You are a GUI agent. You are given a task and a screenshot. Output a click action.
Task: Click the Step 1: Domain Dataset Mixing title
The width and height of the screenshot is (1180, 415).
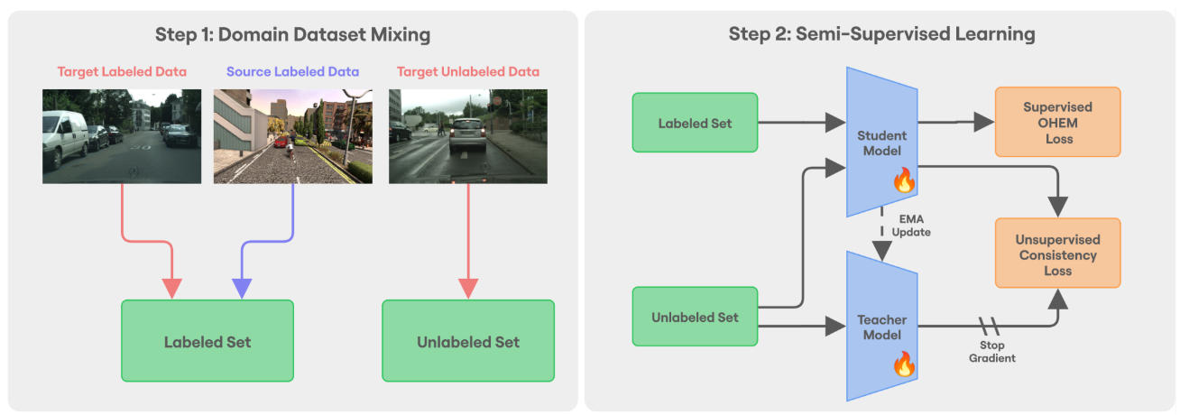[x=292, y=35]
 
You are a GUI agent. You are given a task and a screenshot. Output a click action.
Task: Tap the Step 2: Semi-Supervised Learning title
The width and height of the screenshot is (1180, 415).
[x=881, y=35]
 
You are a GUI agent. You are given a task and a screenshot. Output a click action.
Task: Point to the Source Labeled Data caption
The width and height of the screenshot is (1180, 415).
[x=292, y=71]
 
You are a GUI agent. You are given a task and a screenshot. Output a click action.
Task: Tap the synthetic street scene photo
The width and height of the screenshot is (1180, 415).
[x=293, y=136]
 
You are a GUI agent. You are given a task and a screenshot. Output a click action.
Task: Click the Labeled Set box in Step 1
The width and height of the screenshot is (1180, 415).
[x=207, y=342]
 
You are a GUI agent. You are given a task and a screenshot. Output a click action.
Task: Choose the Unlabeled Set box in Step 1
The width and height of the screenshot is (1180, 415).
[x=468, y=342]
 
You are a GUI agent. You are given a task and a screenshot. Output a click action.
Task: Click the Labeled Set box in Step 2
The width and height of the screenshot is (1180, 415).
[x=696, y=122]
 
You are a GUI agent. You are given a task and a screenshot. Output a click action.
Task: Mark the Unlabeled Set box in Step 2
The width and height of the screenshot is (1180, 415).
[x=696, y=317]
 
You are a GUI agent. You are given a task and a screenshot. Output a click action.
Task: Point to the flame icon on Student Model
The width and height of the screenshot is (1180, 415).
[x=904, y=180]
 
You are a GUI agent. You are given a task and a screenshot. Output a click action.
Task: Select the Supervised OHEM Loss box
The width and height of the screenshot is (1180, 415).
[x=1057, y=122]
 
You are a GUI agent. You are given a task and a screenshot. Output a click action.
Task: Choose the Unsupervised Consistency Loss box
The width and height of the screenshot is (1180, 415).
[x=1057, y=255]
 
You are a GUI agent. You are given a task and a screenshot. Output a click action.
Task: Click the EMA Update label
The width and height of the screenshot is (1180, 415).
[x=911, y=226]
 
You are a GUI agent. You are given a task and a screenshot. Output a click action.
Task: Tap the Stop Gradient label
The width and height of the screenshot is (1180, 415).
[x=992, y=352]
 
